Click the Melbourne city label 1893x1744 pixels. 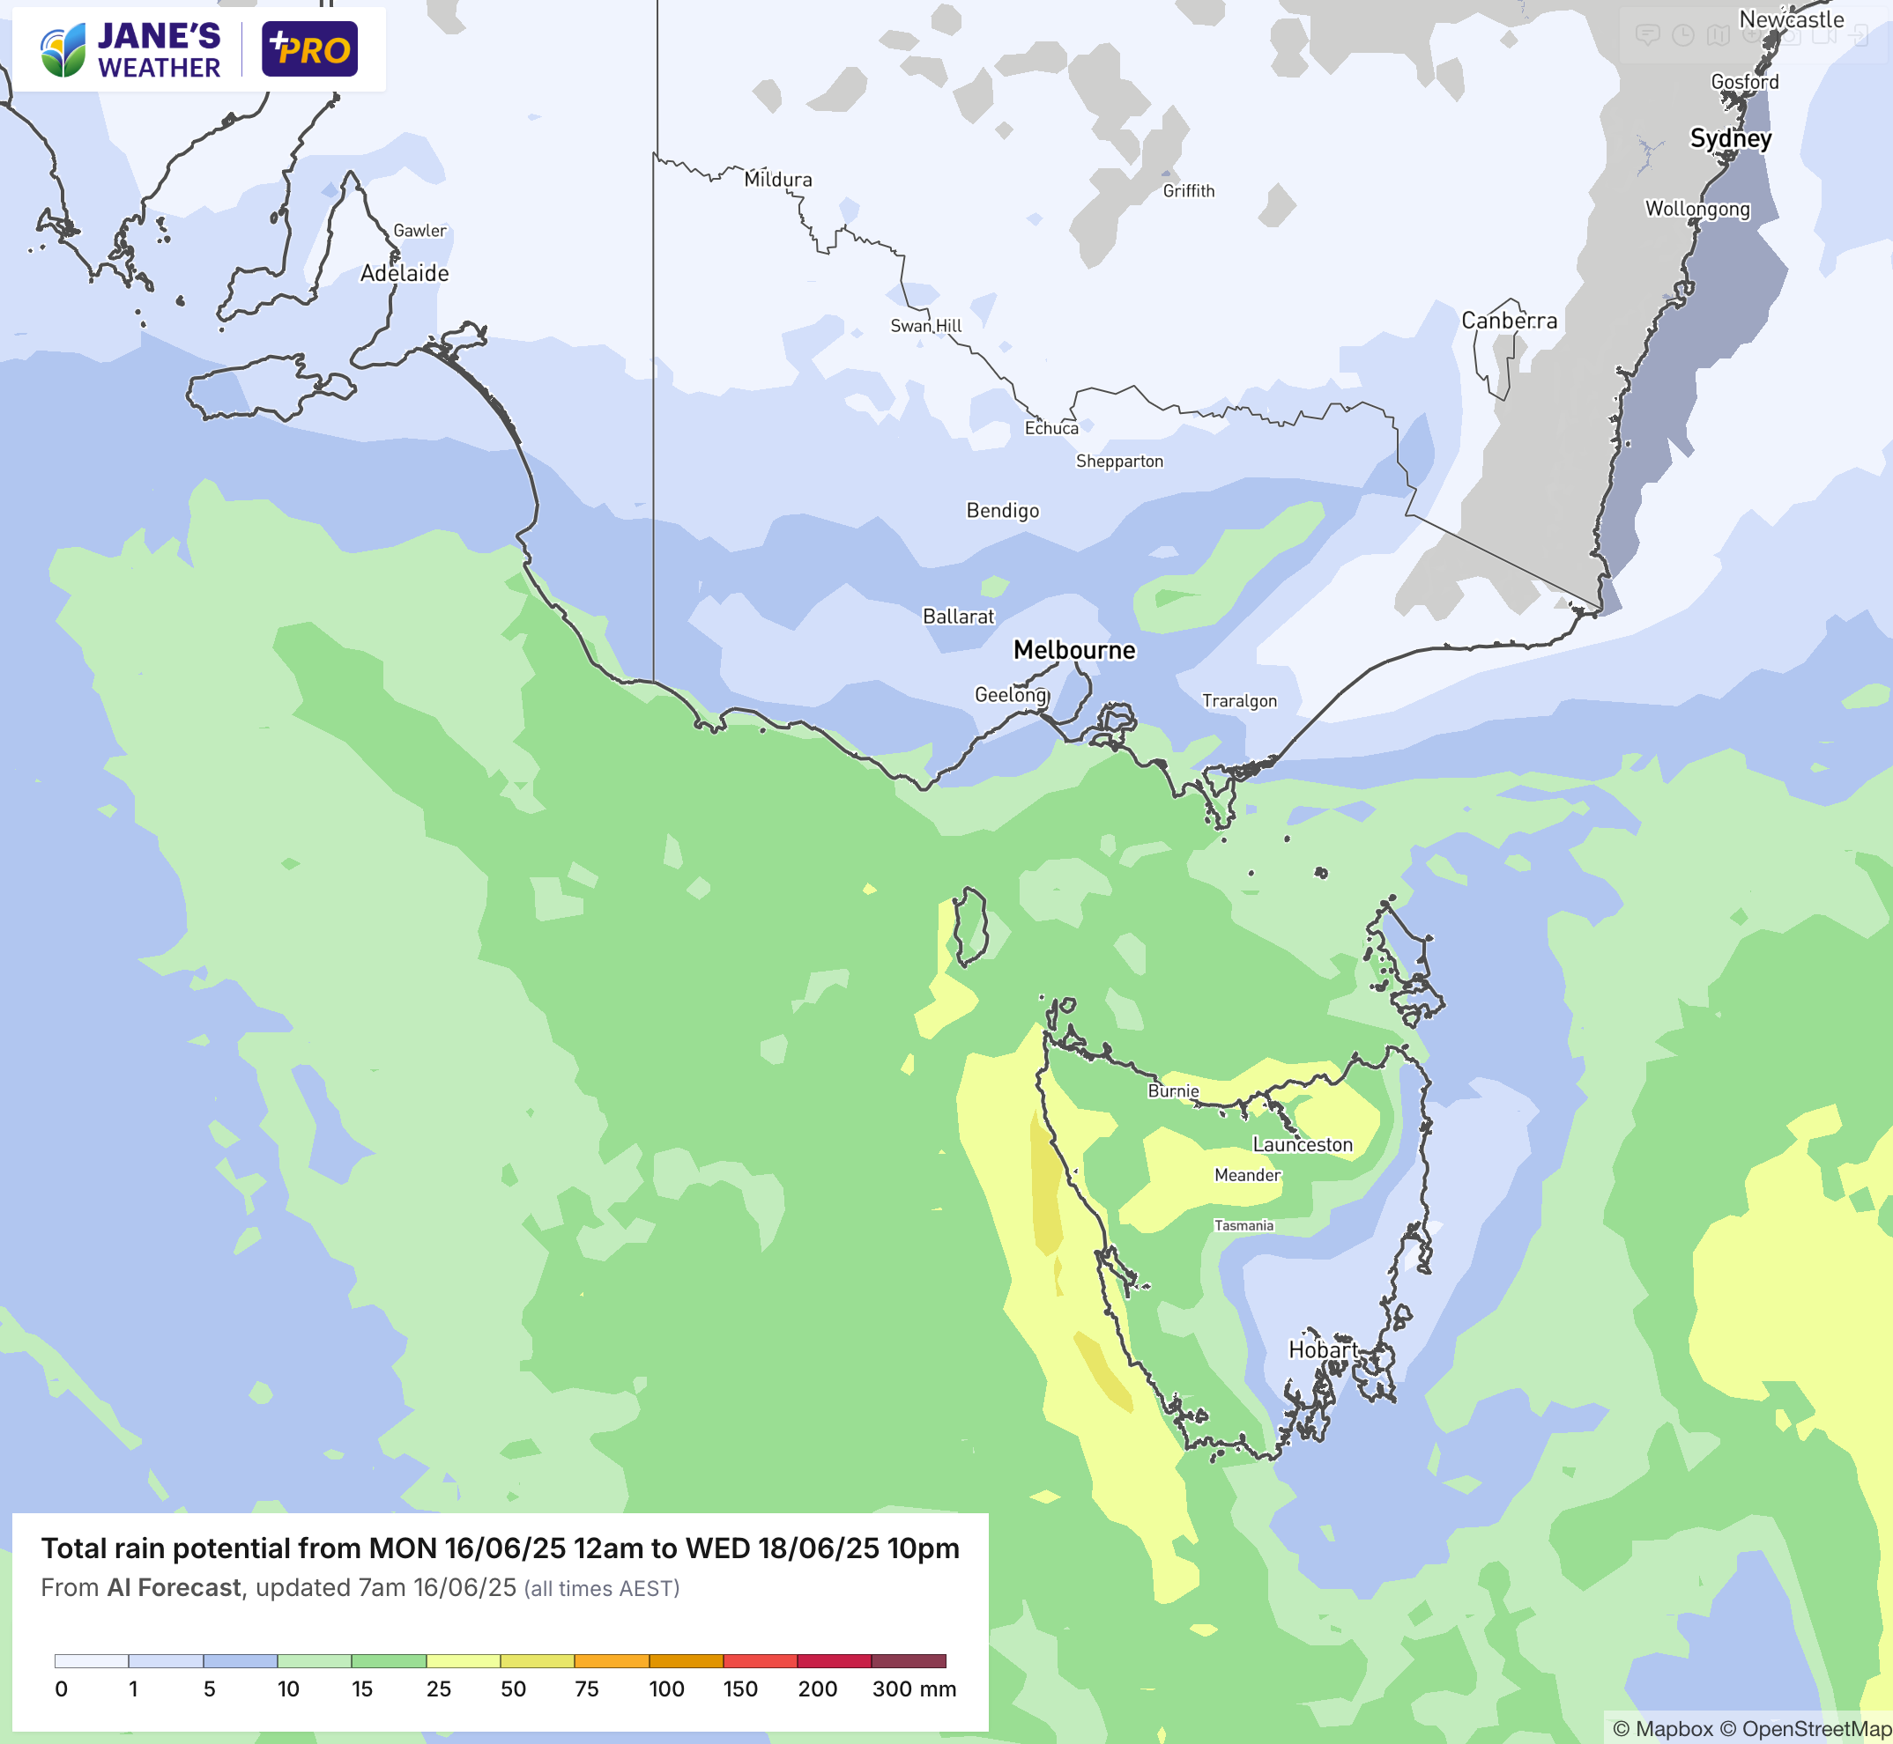(1074, 650)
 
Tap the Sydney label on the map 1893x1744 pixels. (1731, 139)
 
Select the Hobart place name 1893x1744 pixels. (1323, 1349)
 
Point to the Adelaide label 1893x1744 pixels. (405, 273)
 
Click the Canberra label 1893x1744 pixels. (1509, 321)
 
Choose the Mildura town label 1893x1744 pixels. (778, 180)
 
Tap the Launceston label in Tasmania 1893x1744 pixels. (1302, 1145)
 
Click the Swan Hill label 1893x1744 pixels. (925, 326)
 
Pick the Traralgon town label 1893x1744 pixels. (1239, 700)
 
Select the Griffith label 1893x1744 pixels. (1189, 190)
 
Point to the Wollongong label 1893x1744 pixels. (1697, 209)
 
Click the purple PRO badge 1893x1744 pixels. (309, 49)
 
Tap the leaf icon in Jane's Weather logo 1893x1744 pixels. (63, 51)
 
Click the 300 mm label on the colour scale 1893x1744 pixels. (913, 1689)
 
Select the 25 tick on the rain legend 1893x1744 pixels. (438, 1689)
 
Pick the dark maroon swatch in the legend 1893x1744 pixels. (909, 1661)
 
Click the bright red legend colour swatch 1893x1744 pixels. (760, 1661)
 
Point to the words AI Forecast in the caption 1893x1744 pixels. (174, 1588)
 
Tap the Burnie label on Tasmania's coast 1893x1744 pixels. (1173, 1091)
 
